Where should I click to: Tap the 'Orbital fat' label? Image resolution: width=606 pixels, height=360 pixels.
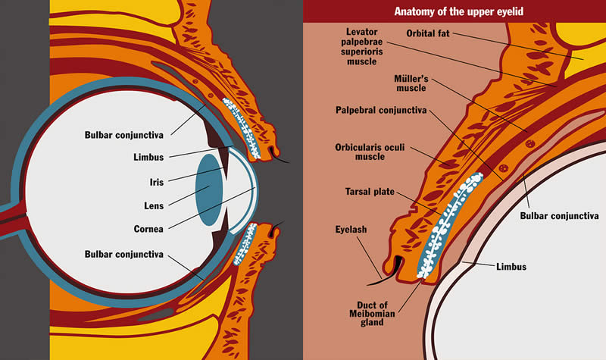431,33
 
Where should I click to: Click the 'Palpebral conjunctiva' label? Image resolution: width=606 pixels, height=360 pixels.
381,111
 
